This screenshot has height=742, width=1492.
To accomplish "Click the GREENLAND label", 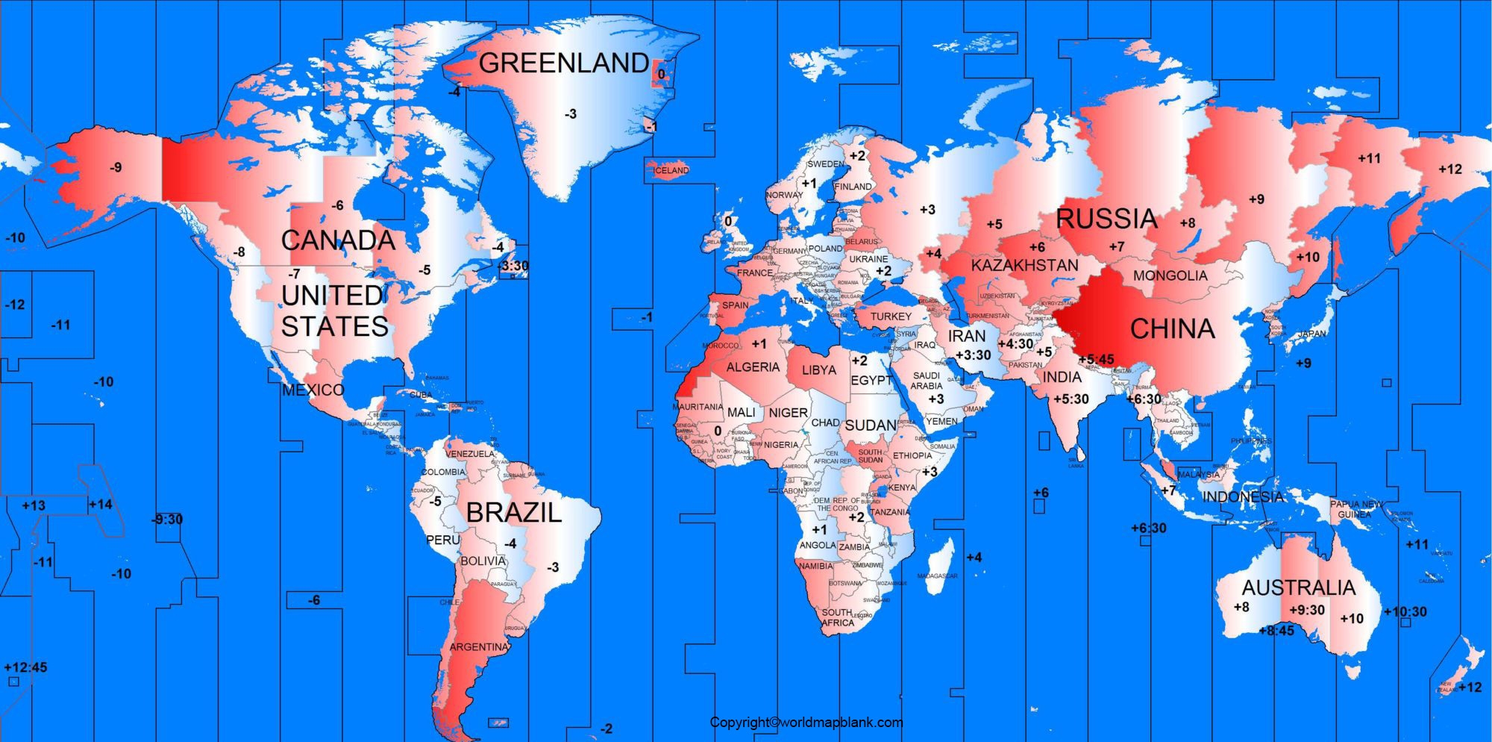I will pyautogui.click(x=563, y=63).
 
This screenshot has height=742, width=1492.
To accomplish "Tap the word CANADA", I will pyautogui.click(x=338, y=240).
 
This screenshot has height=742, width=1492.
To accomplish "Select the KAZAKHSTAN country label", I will pyautogui.click(x=1024, y=266).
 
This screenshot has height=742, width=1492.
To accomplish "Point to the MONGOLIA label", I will pyautogui.click(x=1170, y=275).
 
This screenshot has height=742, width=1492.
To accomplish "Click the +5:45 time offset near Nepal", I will pyautogui.click(x=1096, y=360).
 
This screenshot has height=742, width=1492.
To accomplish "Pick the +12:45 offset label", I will pyautogui.click(x=25, y=667).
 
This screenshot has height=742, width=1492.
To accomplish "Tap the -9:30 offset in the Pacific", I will pyautogui.click(x=167, y=520).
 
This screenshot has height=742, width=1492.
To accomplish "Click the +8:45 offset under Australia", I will pyautogui.click(x=1276, y=631).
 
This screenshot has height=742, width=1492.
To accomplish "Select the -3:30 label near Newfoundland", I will pyautogui.click(x=513, y=266).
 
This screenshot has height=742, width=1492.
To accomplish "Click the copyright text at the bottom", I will pyautogui.click(x=806, y=723).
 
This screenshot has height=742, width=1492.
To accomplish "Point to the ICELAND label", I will pyautogui.click(x=671, y=170).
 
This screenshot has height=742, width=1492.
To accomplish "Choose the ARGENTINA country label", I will pyautogui.click(x=478, y=647).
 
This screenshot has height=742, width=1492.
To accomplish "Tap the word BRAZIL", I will pyautogui.click(x=513, y=513).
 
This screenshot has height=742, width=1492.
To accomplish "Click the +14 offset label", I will pyautogui.click(x=100, y=505).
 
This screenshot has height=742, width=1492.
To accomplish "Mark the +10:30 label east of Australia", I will pyautogui.click(x=1405, y=612).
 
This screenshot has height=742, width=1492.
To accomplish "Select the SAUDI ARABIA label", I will pyautogui.click(x=926, y=381).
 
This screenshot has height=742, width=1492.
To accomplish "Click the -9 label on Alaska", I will pyautogui.click(x=115, y=168).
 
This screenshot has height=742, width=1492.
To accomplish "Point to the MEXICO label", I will pyautogui.click(x=313, y=390).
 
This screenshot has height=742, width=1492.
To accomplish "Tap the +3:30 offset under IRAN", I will pyautogui.click(x=973, y=355).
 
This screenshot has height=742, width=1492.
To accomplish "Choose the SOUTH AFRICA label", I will pyautogui.click(x=837, y=617).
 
